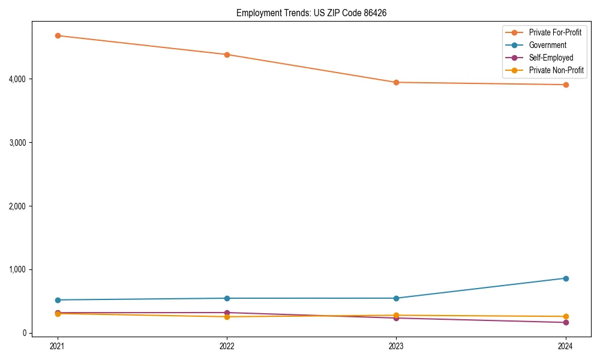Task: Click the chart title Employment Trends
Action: pyautogui.click(x=307, y=13)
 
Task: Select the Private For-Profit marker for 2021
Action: pyautogui.click(x=58, y=35)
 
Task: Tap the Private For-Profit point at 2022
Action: pyautogui.click(x=227, y=55)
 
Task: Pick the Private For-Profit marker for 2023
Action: pyautogui.click(x=396, y=82)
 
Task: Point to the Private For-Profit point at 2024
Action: pyautogui.click(x=566, y=85)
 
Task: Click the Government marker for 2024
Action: pyautogui.click(x=566, y=278)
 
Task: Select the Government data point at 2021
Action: pyautogui.click(x=58, y=300)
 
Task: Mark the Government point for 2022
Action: pyautogui.click(x=227, y=298)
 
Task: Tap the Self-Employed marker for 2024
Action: pyautogui.click(x=566, y=323)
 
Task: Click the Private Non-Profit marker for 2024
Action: pyautogui.click(x=566, y=316)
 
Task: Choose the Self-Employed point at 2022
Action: pyautogui.click(x=227, y=313)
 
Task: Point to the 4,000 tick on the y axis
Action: pyautogui.click(x=17, y=79)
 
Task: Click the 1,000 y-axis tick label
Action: pyautogui.click(x=17, y=269)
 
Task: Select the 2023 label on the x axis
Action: pyautogui.click(x=396, y=346)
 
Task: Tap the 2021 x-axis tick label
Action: pyautogui.click(x=58, y=346)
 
